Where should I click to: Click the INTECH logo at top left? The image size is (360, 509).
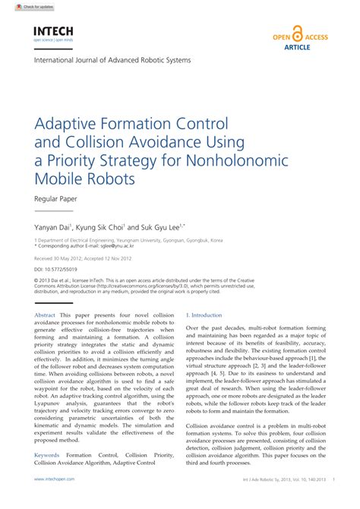[x=52, y=32]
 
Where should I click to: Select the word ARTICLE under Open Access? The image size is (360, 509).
[x=298, y=47]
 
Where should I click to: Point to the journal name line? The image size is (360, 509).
[x=112, y=60]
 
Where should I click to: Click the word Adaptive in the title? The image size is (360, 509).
[x=71, y=123]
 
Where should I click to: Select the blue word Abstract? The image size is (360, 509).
[x=46, y=315]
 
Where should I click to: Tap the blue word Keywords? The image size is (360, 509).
[x=47, y=455]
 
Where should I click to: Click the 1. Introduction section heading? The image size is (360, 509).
[x=204, y=315]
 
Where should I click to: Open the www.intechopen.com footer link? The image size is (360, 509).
[x=54, y=501]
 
